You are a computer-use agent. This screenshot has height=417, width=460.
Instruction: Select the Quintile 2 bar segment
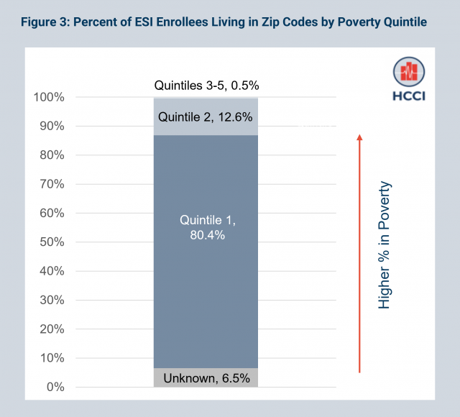[206, 116]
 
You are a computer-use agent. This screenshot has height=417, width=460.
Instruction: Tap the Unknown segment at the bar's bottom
[206, 377]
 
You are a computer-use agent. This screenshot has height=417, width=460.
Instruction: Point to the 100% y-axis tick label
[49, 97]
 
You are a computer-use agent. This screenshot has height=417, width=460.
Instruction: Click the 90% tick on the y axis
[52, 126]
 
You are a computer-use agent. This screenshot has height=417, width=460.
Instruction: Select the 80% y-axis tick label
[52, 155]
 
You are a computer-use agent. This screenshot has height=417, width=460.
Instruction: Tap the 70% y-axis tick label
[52, 184]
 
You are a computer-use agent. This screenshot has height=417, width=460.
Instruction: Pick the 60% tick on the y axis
[52, 213]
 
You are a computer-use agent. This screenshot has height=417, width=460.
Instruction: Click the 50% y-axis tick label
[52, 242]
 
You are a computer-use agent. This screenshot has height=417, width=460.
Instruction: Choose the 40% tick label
[52, 271]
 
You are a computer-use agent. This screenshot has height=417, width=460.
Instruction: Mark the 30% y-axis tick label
[52, 301]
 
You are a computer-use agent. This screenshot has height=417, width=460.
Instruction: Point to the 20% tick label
[52, 329]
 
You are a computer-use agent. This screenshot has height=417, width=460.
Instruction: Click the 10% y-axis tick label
[52, 358]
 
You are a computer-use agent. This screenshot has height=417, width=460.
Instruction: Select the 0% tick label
[55, 388]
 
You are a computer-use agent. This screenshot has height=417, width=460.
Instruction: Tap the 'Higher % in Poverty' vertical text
[385, 245]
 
